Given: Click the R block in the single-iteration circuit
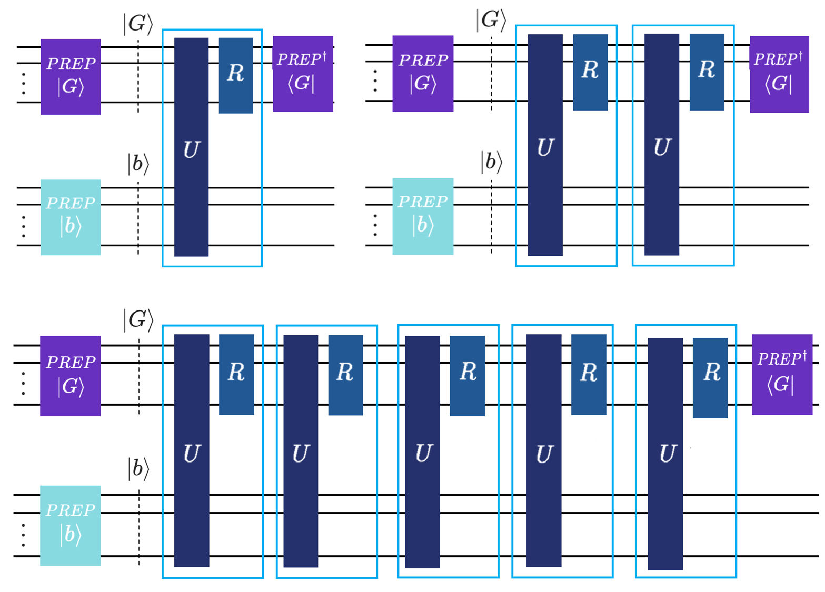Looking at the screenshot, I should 236,75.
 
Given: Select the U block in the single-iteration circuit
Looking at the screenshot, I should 191,147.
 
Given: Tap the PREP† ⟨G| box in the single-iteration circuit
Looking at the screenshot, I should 303,74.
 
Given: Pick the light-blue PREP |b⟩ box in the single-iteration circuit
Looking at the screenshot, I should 71,217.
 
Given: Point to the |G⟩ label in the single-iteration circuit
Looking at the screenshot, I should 138,24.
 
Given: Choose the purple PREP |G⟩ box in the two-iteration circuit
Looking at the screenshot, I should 423,73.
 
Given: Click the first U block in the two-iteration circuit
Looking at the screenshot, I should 545,145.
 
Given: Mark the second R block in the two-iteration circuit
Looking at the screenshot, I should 707,72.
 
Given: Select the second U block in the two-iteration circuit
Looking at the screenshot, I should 661,145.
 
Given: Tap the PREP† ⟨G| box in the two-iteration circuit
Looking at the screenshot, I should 779,74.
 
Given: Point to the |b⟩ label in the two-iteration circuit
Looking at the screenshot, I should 491,162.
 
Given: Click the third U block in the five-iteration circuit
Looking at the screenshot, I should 422,452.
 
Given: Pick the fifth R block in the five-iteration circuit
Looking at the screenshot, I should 710,378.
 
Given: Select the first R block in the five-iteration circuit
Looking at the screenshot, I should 236,374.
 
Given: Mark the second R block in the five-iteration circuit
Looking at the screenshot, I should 345,375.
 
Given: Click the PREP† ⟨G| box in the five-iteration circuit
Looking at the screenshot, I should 782,374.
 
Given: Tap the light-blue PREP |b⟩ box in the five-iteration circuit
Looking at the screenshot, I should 71,525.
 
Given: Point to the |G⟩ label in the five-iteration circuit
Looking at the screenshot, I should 138,320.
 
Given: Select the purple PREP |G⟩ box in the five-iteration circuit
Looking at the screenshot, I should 71,376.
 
